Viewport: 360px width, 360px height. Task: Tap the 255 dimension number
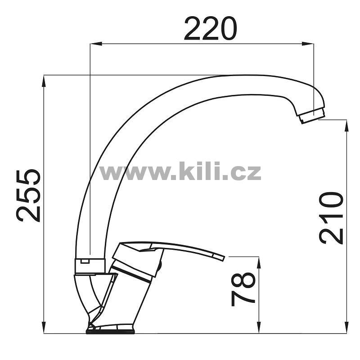28,196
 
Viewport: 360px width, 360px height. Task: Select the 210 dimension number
331,218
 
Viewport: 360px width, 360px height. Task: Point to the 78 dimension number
243,289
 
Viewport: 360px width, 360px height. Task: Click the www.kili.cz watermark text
180,171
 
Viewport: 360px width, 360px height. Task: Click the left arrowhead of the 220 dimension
96,44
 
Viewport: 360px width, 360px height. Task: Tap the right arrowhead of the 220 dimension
308,44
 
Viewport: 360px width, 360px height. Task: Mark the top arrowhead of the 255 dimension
44,81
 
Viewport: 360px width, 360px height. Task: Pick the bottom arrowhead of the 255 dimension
44,327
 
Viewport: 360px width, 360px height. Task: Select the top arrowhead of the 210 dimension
346,126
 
